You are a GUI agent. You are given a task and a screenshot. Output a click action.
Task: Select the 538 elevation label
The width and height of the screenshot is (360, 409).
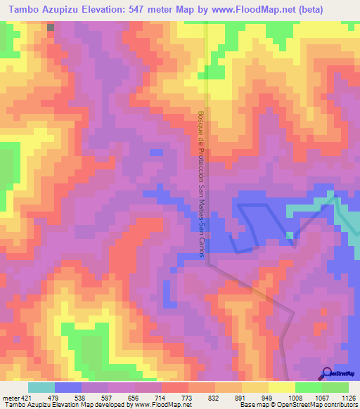(82, 398)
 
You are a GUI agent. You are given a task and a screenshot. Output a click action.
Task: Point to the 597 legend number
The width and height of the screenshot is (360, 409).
(108, 398)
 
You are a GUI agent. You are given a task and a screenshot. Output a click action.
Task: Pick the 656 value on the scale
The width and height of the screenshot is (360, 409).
(135, 398)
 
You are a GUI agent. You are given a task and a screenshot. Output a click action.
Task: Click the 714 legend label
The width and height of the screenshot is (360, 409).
(162, 398)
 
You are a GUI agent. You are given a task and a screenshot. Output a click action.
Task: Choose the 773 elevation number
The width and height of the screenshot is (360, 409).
(188, 398)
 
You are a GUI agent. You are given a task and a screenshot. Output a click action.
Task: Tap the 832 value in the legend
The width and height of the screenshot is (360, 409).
(215, 398)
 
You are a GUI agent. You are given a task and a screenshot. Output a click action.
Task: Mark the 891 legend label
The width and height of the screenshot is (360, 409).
(242, 398)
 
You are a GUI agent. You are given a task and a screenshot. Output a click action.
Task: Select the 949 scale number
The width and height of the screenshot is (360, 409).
(269, 398)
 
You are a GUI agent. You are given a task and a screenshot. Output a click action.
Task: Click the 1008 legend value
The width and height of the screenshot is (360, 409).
(295, 398)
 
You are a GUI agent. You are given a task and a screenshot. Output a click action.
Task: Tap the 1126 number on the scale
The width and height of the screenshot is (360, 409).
(348, 398)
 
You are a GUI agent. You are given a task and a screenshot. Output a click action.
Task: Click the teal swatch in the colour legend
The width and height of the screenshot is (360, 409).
(41, 387)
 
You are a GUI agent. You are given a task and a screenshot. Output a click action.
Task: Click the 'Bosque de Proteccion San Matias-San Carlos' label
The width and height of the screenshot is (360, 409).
(201, 183)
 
